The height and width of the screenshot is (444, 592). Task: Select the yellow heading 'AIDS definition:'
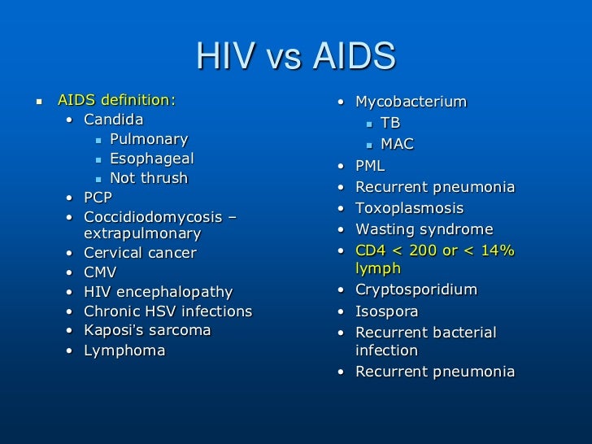[116, 101]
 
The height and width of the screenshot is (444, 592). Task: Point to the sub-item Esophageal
[152, 159]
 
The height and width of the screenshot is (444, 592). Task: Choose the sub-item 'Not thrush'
[149, 178]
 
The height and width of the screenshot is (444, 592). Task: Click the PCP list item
[98, 198]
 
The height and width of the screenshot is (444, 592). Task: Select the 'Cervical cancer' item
[141, 253]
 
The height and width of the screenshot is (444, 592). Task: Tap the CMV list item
[101, 272]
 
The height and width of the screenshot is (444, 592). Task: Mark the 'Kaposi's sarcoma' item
[147, 331]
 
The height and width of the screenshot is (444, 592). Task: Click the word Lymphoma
[124, 350]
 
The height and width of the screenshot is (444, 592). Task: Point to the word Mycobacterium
[411, 102]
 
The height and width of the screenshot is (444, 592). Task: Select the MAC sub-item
[397, 144]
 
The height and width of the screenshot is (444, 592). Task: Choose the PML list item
[371, 166]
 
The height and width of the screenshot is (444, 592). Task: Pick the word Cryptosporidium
[416, 290]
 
